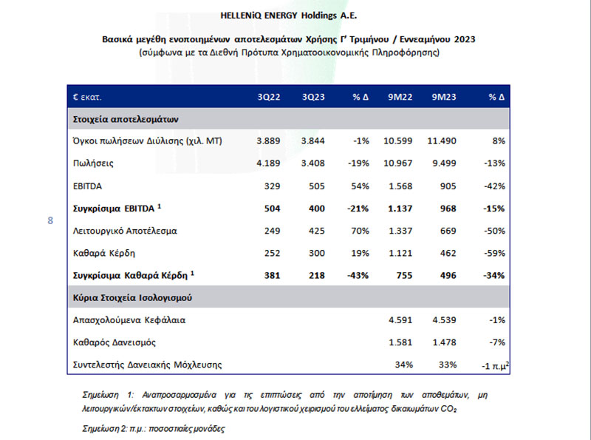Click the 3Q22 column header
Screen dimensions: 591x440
[x=269, y=97]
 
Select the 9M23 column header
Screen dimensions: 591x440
[x=444, y=97]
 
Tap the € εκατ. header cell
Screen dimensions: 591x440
[x=87, y=97]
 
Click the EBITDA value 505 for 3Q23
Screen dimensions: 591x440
[x=316, y=186]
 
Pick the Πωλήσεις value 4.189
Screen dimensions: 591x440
[x=268, y=163]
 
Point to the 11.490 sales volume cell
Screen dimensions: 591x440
[x=442, y=141]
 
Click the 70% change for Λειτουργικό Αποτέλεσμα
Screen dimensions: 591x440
[x=360, y=231]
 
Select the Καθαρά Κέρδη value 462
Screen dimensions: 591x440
[x=448, y=253]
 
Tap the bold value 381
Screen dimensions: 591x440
[x=272, y=276]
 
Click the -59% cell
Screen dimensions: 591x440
[x=494, y=253]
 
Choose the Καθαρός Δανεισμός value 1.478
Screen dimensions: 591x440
[x=444, y=342]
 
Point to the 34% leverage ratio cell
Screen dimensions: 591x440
[x=403, y=365]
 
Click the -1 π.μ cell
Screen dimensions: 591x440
[x=495, y=365]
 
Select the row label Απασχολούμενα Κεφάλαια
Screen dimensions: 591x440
[x=129, y=320]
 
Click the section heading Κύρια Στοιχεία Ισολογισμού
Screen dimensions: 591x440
[x=132, y=298]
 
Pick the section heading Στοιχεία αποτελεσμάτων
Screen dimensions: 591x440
[x=126, y=119]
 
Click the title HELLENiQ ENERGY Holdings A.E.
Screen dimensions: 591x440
[x=288, y=16]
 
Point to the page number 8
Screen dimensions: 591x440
[x=50, y=220]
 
